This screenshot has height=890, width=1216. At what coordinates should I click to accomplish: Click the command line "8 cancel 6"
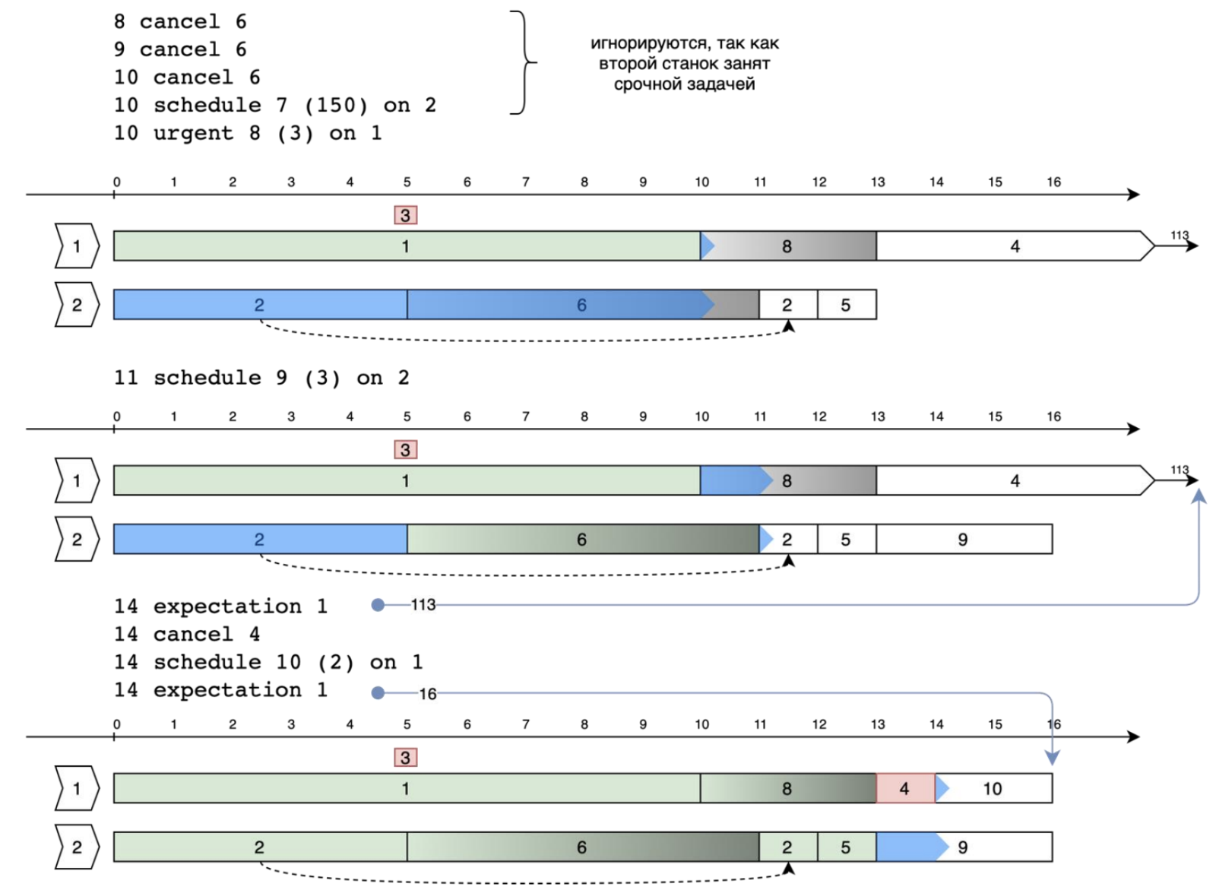[179, 21]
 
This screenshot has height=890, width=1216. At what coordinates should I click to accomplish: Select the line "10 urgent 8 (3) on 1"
[247, 133]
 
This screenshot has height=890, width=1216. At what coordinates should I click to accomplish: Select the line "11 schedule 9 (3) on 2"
[261, 378]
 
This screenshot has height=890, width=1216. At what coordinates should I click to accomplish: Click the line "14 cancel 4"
[186, 634]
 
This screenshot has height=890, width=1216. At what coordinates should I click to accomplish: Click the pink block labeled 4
[904, 789]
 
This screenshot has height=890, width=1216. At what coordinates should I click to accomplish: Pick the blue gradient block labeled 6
[555, 305]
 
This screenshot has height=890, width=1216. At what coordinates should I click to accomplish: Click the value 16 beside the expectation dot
[428, 694]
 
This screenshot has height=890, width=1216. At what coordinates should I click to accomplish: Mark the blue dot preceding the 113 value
[378, 605]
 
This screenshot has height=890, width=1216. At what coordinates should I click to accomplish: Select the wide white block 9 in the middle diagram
[964, 539]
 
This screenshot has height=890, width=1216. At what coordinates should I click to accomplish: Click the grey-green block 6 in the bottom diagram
[582, 847]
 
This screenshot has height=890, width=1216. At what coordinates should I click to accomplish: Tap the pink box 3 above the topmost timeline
[405, 216]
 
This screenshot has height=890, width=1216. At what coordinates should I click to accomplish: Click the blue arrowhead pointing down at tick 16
[1052, 758]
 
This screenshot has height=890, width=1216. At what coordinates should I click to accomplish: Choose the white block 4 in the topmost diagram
[1014, 246]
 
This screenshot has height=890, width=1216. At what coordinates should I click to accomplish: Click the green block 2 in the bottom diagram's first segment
[259, 847]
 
